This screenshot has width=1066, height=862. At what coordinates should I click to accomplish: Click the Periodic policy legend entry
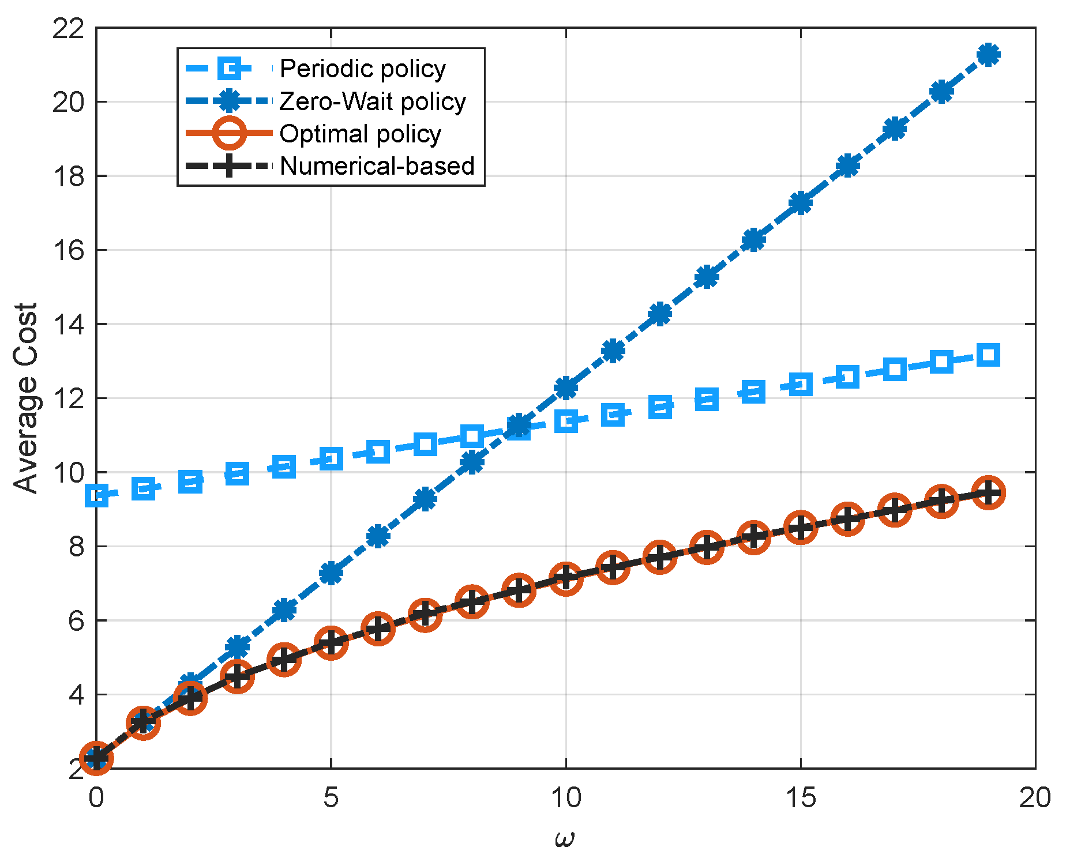[362, 69]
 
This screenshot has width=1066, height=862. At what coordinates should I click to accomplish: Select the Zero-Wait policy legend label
[372, 101]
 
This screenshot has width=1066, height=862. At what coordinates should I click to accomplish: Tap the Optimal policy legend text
[360, 134]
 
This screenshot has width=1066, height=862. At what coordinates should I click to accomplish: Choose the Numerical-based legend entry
[377, 166]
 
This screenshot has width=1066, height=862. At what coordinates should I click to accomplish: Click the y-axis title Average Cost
[26, 398]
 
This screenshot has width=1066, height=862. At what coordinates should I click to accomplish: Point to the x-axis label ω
[565, 838]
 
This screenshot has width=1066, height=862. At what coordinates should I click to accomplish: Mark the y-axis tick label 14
[68, 325]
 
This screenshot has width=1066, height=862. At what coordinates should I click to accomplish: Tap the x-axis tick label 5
[331, 799]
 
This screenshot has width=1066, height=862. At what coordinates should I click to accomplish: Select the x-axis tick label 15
[800, 799]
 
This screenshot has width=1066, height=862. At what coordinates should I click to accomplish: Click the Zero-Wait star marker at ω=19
[989, 55]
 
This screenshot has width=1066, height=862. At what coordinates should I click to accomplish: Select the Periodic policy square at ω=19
[989, 355]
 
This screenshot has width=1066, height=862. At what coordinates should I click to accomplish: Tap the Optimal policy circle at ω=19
[989, 493]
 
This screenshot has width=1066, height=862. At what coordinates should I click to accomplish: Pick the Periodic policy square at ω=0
[96, 495]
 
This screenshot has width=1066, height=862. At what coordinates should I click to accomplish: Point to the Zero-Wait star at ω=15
[801, 203]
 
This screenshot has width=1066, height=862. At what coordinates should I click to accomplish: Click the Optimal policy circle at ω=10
[566, 578]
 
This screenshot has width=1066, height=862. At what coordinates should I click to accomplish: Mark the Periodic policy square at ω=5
[331, 459]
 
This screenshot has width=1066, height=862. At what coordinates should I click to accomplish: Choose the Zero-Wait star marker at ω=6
[378, 536]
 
